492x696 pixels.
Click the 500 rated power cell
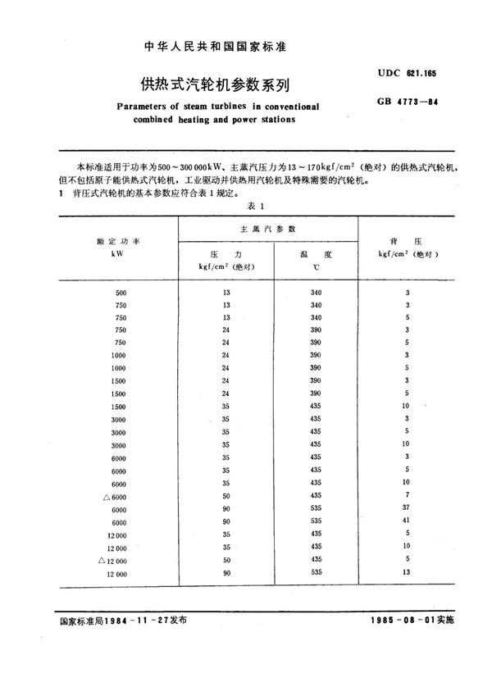tap(121, 293)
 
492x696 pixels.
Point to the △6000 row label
tap(114, 496)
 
